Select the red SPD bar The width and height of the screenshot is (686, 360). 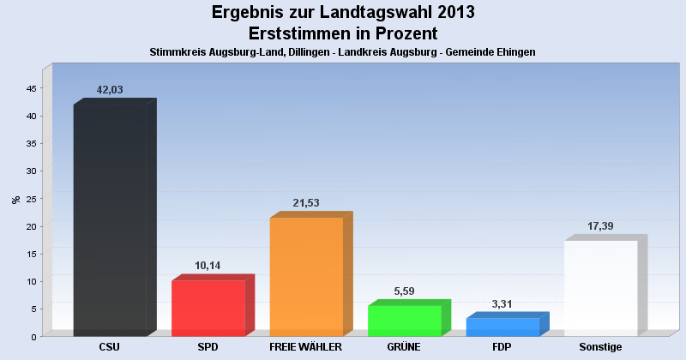(x=208, y=308)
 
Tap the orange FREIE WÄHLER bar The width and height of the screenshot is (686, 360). (x=306, y=276)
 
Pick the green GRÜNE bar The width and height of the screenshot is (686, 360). (x=404, y=321)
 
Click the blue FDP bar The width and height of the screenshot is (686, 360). (x=502, y=327)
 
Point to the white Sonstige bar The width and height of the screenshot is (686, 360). (x=600, y=288)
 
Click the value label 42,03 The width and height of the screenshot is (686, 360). (x=110, y=90)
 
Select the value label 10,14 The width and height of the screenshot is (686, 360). (x=208, y=266)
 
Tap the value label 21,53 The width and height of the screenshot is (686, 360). (x=306, y=203)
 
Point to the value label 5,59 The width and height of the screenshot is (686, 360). (x=404, y=291)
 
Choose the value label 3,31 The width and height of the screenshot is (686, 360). (x=502, y=303)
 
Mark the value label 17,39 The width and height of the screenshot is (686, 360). (x=600, y=226)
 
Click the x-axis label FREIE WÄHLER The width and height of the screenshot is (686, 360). (x=306, y=347)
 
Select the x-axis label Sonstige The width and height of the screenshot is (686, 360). (x=600, y=347)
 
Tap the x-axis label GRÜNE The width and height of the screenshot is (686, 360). (x=404, y=347)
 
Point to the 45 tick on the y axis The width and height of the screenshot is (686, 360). (x=31, y=88)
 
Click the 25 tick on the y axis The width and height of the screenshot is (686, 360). (x=31, y=199)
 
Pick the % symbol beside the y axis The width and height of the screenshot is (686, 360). (x=15, y=200)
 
